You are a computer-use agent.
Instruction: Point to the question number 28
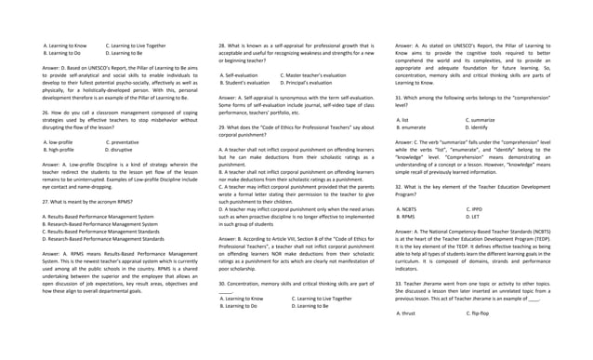(x=222, y=45)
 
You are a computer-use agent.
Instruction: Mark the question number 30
(x=222, y=282)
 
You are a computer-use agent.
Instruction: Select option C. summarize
(x=481, y=120)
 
